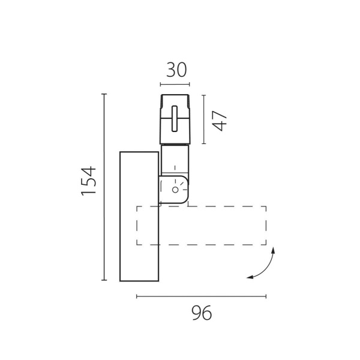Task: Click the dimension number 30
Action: [x=176, y=70]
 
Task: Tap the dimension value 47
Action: [x=220, y=121]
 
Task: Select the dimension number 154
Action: [x=89, y=181]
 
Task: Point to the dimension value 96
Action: [x=202, y=313]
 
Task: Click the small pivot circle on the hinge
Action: [x=175, y=190]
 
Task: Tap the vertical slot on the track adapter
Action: [x=175, y=119]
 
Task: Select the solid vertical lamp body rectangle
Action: [x=139, y=216]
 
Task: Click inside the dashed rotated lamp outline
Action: [x=202, y=226]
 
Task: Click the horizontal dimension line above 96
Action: [x=202, y=296]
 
